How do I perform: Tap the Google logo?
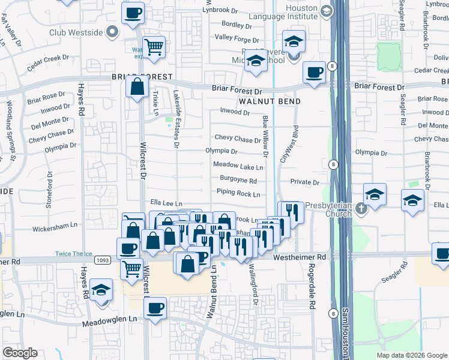[x=20, y=353]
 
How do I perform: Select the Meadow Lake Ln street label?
[x=238, y=166]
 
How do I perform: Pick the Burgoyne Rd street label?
[x=238, y=180]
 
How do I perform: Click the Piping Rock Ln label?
[x=238, y=194]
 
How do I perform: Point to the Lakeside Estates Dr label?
[x=176, y=118]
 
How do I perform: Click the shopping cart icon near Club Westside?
[x=154, y=46]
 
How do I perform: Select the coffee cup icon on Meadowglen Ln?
[x=156, y=308]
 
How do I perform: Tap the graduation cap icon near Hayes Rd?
[x=101, y=290]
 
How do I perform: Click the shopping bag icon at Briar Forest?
[x=137, y=86]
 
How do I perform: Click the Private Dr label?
[x=304, y=182]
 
